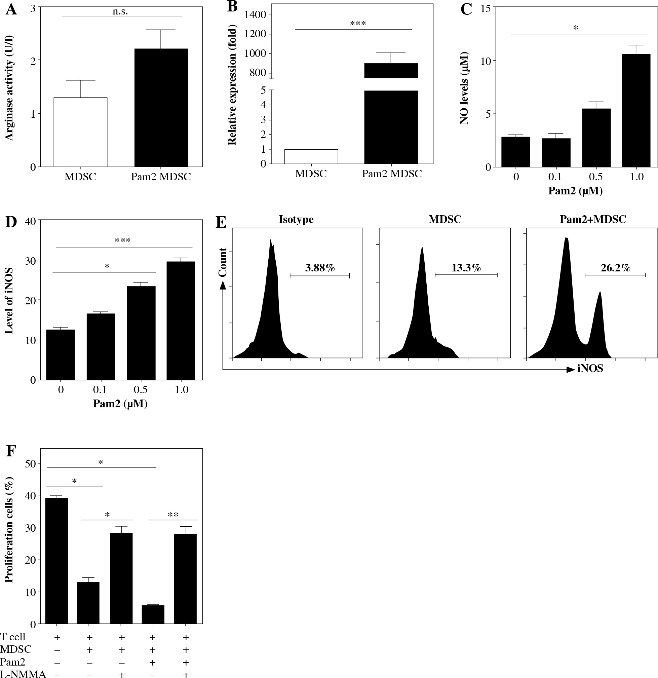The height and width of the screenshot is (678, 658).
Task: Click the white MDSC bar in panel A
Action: pyautogui.click(x=80, y=132)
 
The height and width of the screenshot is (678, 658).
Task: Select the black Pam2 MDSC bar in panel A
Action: pyautogui.click(x=161, y=108)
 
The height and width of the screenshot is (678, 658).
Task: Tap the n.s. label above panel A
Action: pyautogui.click(x=120, y=11)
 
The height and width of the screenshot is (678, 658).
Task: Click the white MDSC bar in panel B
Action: pyautogui.click(x=311, y=157)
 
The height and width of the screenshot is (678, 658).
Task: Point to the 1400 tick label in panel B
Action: pyautogui.click(x=256, y=14)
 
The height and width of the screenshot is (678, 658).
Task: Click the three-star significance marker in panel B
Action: pyautogui.click(x=358, y=24)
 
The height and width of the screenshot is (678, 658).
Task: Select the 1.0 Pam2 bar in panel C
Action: pyautogui.click(x=636, y=111)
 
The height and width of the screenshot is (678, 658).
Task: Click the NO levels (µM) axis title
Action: pyautogui.click(x=464, y=88)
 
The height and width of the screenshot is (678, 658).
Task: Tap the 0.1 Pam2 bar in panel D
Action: pyautogui.click(x=101, y=346)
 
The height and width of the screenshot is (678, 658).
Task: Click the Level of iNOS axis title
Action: pyautogui.click(x=9, y=301)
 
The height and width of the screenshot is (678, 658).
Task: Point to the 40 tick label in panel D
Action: pyautogui.click(x=30, y=220)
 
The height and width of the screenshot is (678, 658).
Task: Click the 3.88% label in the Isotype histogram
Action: pyautogui.click(x=320, y=267)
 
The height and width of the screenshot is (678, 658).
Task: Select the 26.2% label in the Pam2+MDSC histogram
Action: pyautogui.click(x=615, y=267)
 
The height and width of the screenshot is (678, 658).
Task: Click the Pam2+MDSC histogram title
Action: pyautogui.click(x=593, y=219)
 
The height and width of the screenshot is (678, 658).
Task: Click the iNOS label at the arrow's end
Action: pyautogui.click(x=590, y=369)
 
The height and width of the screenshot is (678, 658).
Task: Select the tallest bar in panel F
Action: pyautogui.click(x=56, y=560)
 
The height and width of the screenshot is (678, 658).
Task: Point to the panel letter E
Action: pyautogui.click(x=221, y=222)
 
